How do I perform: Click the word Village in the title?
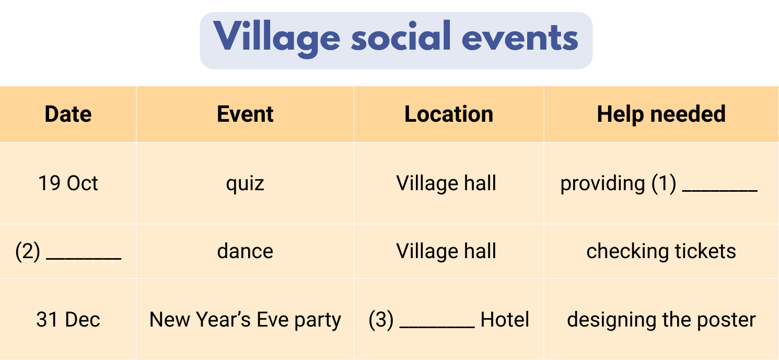click(x=276, y=38)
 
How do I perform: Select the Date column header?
click(x=68, y=114)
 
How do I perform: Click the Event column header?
click(x=245, y=114)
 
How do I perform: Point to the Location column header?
click(x=449, y=114)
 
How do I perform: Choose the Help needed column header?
click(x=661, y=114)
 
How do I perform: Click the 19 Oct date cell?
click(x=68, y=183)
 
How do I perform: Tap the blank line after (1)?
click(x=720, y=191)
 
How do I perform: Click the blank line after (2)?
click(x=84, y=259)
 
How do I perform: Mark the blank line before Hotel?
click(x=437, y=327)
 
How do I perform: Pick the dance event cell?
click(x=245, y=251)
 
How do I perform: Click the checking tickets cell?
click(x=661, y=252)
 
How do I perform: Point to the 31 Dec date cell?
click(x=68, y=320)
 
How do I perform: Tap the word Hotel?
click(x=505, y=320)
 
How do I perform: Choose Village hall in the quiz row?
click(x=446, y=183)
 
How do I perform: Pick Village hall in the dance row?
click(x=446, y=252)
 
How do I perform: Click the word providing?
click(x=603, y=184)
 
